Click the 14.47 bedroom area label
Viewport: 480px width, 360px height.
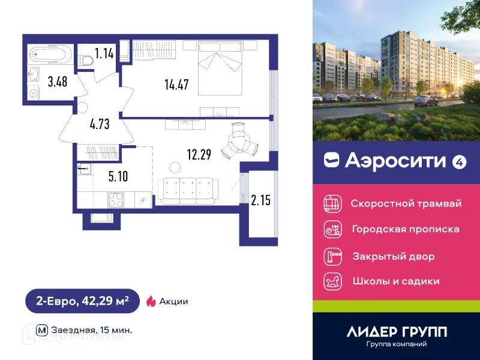(176, 85)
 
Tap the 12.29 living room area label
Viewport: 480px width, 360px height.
(199, 155)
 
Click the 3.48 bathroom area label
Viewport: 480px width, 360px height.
(58, 82)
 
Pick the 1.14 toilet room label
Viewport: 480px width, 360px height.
(105, 53)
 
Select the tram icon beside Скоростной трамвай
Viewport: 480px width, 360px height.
(332, 203)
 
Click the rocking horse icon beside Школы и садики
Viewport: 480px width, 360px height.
(332, 281)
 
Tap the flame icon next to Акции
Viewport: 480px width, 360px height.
(151, 301)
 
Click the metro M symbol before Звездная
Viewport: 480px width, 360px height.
(42, 329)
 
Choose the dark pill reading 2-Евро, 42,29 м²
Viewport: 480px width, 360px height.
(82, 301)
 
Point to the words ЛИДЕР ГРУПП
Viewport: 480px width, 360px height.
(397, 331)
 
